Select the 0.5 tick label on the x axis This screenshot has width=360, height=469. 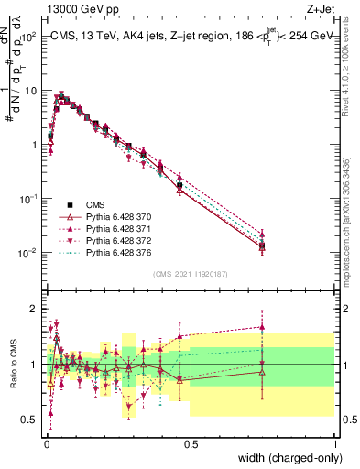[191, 444]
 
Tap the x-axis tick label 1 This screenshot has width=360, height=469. [335, 444]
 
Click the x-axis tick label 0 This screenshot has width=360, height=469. [47, 444]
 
